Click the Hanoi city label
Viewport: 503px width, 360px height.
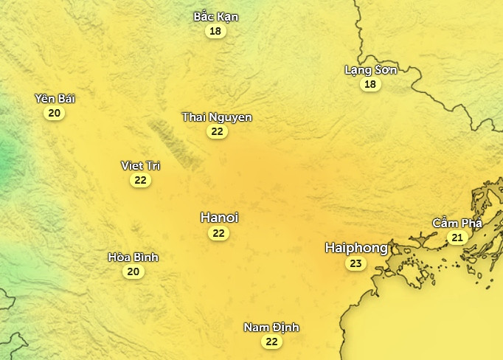click(x=219, y=218)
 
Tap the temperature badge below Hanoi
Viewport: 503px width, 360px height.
click(x=218, y=233)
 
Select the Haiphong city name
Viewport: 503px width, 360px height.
click(x=356, y=248)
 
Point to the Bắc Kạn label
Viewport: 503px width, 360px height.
click(x=216, y=16)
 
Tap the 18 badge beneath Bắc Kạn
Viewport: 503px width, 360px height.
click(x=215, y=31)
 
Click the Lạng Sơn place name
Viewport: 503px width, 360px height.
click(x=371, y=70)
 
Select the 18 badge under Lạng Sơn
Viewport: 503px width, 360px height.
click(x=370, y=85)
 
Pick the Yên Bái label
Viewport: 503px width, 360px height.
click(x=55, y=99)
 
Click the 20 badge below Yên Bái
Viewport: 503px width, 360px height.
click(x=54, y=114)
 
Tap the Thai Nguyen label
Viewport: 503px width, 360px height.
click(x=217, y=117)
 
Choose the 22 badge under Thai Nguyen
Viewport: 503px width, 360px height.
click(x=217, y=132)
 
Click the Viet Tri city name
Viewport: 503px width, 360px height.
click(x=140, y=165)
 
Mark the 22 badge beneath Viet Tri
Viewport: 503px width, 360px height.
click(x=140, y=180)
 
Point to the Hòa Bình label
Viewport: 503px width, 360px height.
click(x=133, y=257)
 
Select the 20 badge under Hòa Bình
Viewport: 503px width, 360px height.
click(x=133, y=272)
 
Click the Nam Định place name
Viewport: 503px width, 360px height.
click(x=271, y=328)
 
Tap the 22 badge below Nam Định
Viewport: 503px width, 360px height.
click(x=271, y=342)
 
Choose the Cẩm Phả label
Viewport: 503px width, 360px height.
click(x=457, y=223)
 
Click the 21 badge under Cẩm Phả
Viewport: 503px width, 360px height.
click(x=457, y=238)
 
